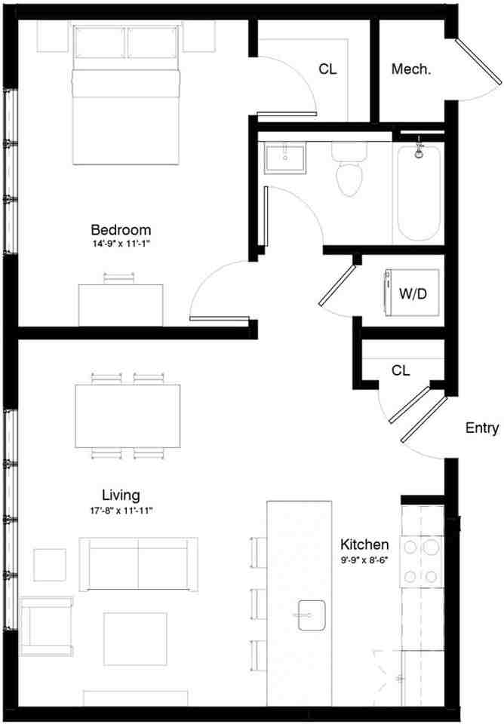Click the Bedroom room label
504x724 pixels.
[121, 229]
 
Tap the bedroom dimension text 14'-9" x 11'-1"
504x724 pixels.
[121, 244]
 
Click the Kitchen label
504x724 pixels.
[364, 544]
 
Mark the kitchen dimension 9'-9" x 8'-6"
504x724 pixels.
[364, 559]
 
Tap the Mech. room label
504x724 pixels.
[411, 70]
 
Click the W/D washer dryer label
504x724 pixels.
[413, 294]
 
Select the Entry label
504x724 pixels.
[481, 428]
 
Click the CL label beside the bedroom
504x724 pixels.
[327, 69]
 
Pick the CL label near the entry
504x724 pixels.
[401, 370]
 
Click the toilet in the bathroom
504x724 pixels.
[349, 172]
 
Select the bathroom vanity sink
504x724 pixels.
[285, 158]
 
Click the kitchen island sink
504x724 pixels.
[310, 614]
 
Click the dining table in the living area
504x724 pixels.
[128, 416]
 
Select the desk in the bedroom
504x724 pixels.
[121, 305]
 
